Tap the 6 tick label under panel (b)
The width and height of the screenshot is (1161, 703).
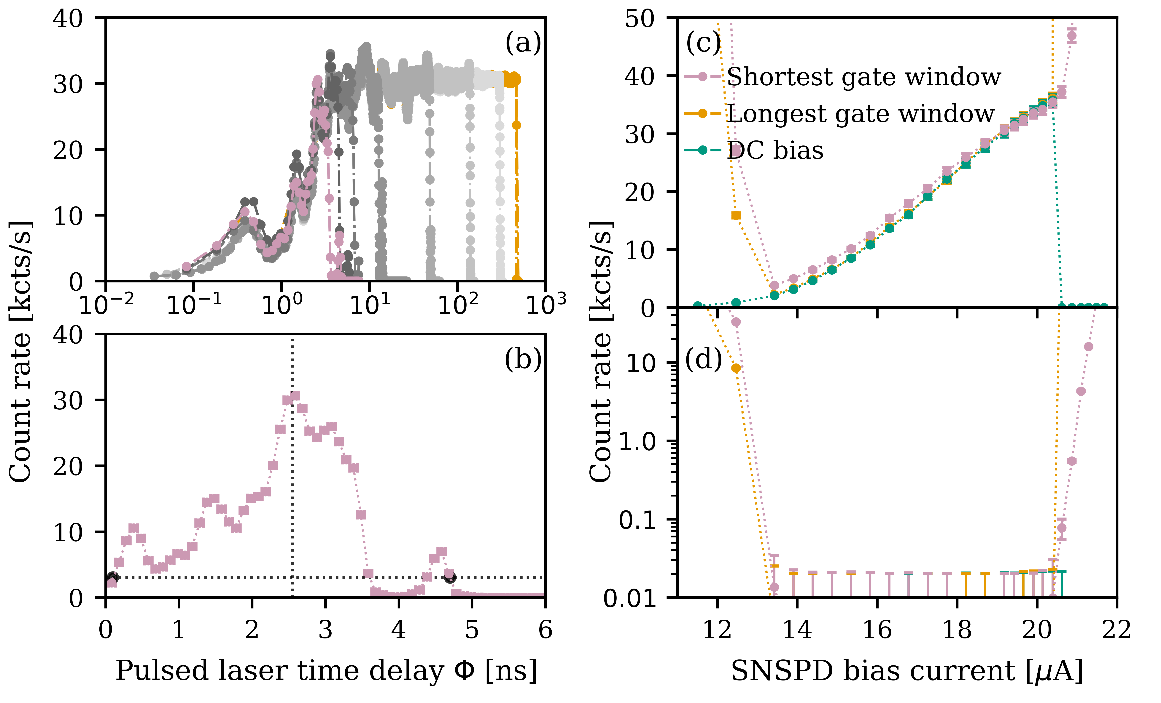tap(545, 630)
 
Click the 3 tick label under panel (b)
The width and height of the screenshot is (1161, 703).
tap(325, 630)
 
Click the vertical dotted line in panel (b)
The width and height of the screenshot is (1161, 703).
tap(293, 471)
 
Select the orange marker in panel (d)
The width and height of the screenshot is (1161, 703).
tap(736, 368)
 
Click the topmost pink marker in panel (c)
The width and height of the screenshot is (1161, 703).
tap(1071, 36)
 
